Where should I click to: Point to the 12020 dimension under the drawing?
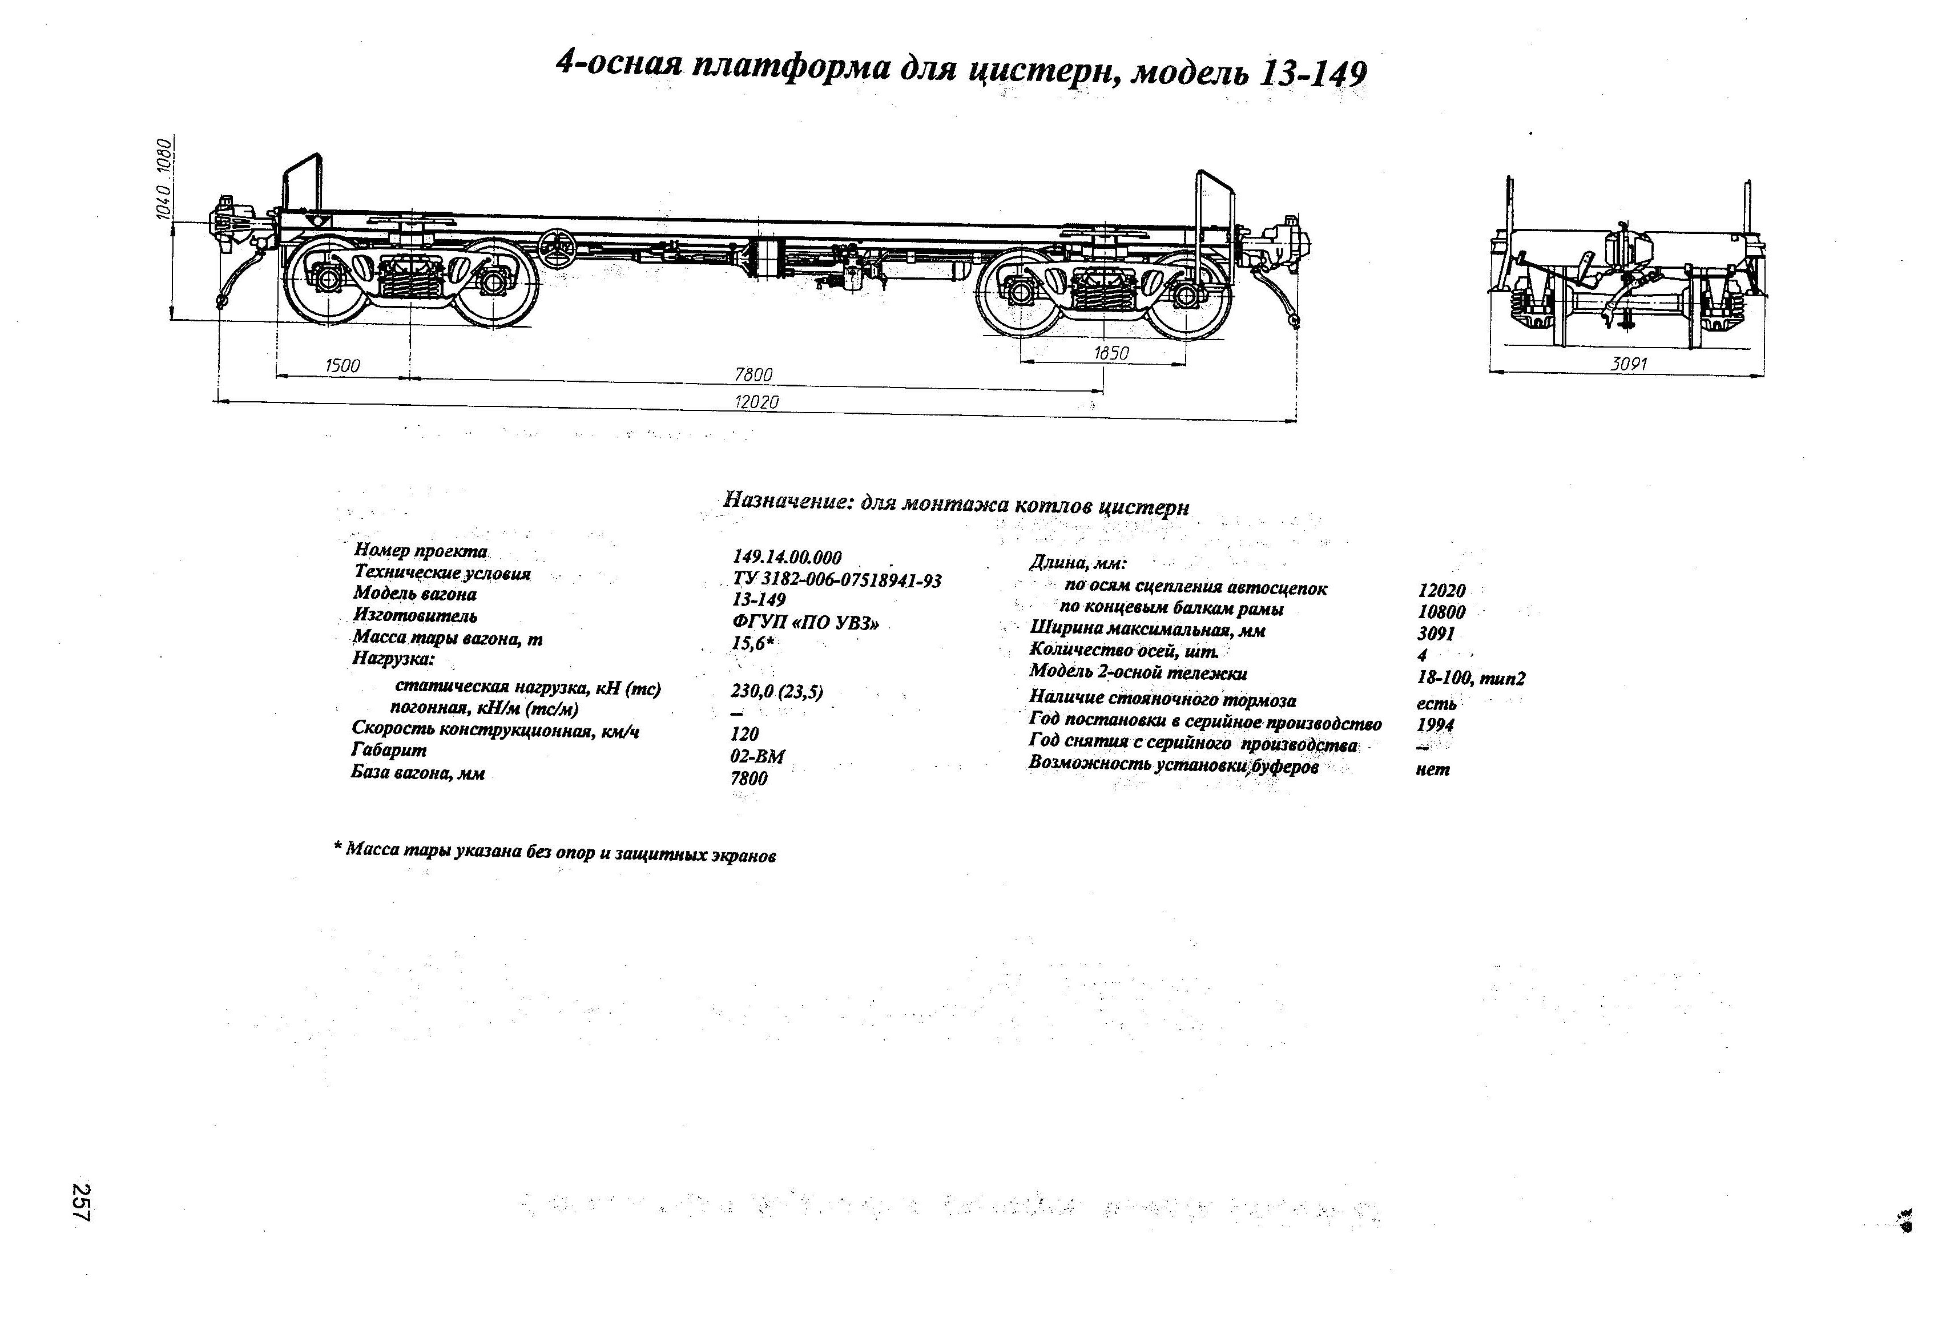(x=756, y=403)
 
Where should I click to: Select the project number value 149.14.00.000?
(x=787, y=558)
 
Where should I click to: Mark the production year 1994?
(x=1436, y=725)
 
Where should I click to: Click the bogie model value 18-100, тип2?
(x=1471, y=679)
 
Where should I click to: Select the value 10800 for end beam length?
(x=1441, y=611)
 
